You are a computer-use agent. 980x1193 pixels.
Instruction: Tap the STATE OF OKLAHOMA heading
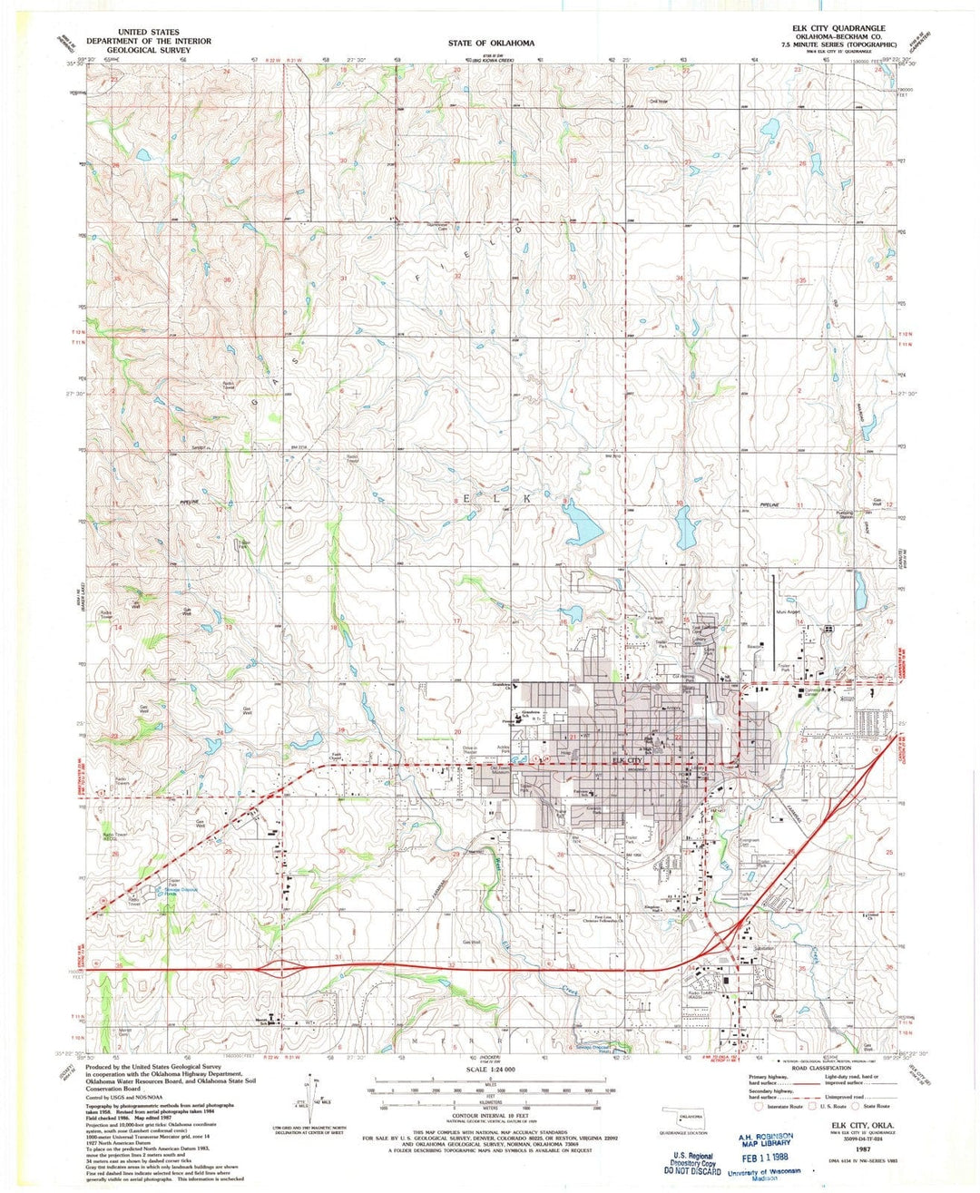coord(491,43)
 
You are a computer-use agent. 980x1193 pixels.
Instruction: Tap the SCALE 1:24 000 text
coord(492,1070)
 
